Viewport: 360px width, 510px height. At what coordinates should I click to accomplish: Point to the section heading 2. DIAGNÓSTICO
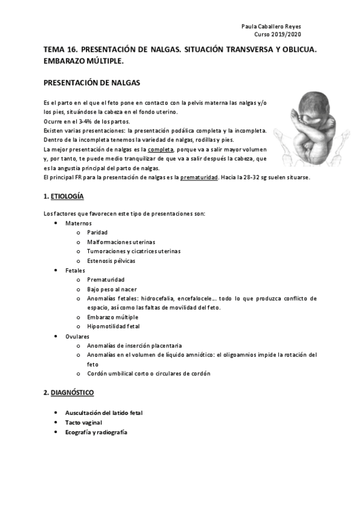pyautogui.click(x=69, y=393)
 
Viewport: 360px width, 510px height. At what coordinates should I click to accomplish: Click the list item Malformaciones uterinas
pyautogui.click(x=120, y=242)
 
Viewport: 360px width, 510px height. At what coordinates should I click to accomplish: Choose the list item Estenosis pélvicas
pyautogui.click(x=111, y=261)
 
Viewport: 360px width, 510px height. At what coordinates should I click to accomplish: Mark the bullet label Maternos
pyautogui.click(x=79, y=223)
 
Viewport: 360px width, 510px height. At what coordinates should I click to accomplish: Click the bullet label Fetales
pyautogui.click(x=76, y=271)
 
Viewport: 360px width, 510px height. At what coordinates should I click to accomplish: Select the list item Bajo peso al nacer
pyautogui.click(x=112, y=289)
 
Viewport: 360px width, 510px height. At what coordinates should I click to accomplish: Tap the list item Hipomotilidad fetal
pyautogui.click(x=113, y=327)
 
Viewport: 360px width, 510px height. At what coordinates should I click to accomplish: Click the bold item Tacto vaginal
pyautogui.click(x=84, y=423)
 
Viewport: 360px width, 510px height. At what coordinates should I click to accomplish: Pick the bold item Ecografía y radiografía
pyautogui.click(x=96, y=432)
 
